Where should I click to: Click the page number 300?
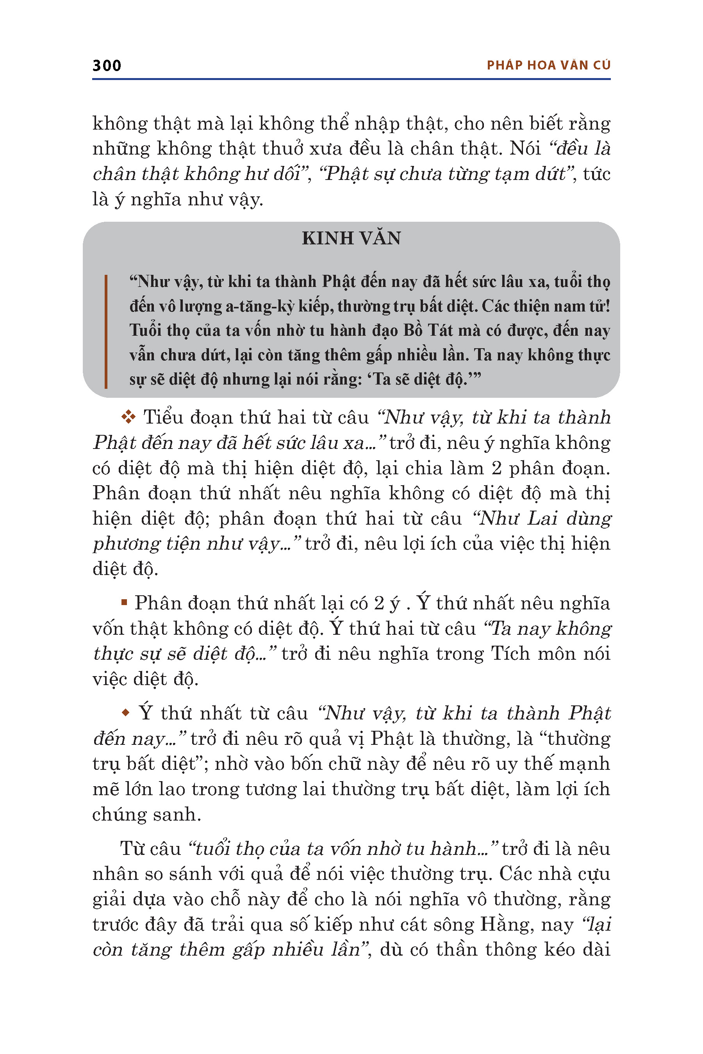[x=107, y=66]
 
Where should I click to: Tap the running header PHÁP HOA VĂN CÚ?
[x=548, y=66]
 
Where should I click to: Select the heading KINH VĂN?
[x=351, y=238]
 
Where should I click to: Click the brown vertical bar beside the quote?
[x=106, y=331]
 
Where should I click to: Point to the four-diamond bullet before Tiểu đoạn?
[x=128, y=417]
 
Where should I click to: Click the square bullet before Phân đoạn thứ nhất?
[x=124, y=603]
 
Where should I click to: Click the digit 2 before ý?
[x=379, y=603]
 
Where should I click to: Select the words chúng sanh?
[x=146, y=814]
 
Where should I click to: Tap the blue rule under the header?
[x=351, y=79]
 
